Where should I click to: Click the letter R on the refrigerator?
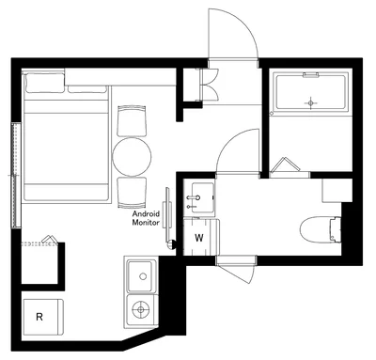pyautogui.click(x=39, y=317)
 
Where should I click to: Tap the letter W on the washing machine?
pyautogui.click(x=199, y=238)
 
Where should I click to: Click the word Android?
pyautogui.click(x=146, y=214)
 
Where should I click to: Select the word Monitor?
pyautogui.click(x=146, y=223)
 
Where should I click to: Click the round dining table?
pyautogui.click(x=132, y=156)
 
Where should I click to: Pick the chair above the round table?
pyautogui.click(x=132, y=121)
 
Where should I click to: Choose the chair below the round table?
pyautogui.click(x=132, y=193)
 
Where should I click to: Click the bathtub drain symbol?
pyautogui.click(x=310, y=102)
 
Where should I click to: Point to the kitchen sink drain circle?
pyautogui.click(x=143, y=276)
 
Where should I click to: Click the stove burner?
pyautogui.click(x=141, y=309)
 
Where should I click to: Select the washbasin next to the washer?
pyautogui.click(x=199, y=197)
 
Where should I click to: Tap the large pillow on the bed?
pyautogui.click(x=44, y=83)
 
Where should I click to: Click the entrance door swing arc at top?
pyautogui.click(x=246, y=25)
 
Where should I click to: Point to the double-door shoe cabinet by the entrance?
pyautogui.click(x=208, y=85)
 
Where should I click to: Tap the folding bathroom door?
pyautogui.click(x=286, y=165)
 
